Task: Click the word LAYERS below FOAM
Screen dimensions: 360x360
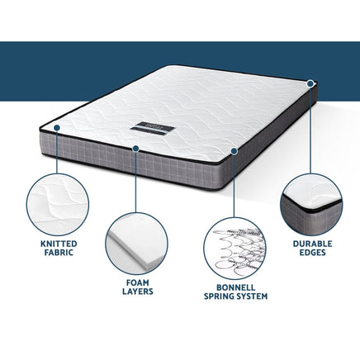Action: pyautogui.click(x=137, y=291)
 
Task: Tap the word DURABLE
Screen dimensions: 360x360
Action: pyautogui.click(x=313, y=244)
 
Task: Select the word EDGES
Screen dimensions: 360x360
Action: pyautogui.click(x=313, y=255)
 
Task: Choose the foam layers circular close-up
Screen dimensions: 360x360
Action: pyautogui.click(x=138, y=241)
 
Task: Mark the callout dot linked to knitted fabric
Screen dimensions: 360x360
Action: pyautogui.click(x=55, y=127)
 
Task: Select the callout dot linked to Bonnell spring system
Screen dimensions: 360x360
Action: pyautogui.click(x=235, y=151)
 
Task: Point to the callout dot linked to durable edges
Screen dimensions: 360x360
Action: pyautogui.click(x=311, y=83)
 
